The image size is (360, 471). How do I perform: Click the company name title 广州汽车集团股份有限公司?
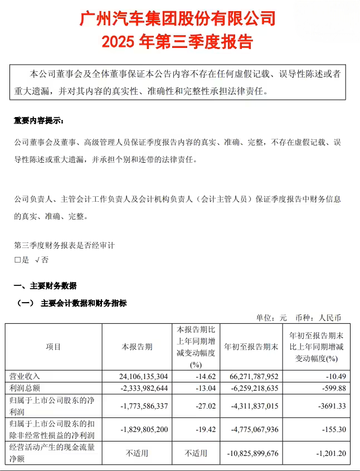pos(178,19)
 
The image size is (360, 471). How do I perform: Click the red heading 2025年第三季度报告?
pos(178,42)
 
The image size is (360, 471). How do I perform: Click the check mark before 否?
pos(37,260)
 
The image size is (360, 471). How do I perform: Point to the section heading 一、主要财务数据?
pos(45,287)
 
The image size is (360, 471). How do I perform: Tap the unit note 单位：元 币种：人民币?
pos(298,318)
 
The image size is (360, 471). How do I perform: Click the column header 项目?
pos(53,347)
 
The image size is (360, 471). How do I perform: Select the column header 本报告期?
pos(137,347)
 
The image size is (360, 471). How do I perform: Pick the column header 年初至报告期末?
pos(251,347)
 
